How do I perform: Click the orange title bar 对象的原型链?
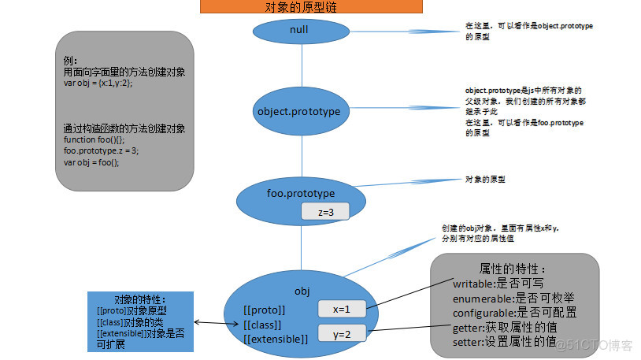coord(311,7)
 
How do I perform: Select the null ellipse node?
coord(299,30)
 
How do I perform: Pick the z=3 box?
coord(324,212)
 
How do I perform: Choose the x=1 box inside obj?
coord(341,310)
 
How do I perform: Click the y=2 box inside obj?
coord(342,334)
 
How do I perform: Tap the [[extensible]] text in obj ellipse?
coord(276,339)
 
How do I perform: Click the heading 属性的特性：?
coord(513,269)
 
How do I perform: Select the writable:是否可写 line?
coord(498,283)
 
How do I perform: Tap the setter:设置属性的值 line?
coord(504,343)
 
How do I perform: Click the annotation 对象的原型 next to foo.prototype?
coord(485,180)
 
